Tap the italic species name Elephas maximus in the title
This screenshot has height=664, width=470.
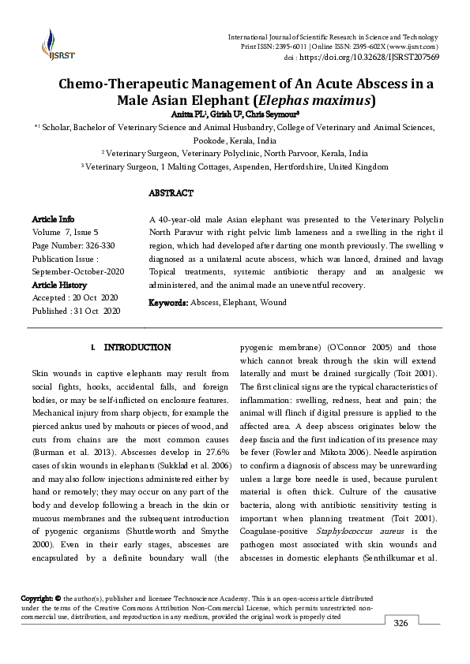319,101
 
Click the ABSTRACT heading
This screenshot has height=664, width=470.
171,193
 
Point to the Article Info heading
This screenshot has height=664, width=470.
53,218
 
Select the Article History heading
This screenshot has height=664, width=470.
59,285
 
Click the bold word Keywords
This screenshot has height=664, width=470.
168,303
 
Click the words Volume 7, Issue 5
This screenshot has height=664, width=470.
65,233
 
